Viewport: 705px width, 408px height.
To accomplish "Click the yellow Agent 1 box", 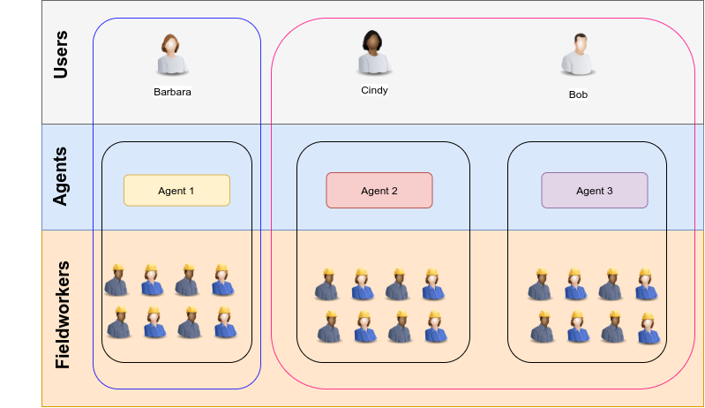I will point(176,190).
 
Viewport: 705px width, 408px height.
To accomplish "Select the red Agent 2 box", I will point(379,190).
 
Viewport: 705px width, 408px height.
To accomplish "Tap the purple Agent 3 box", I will point(594,190).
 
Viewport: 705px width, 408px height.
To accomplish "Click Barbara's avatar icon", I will point(171,55).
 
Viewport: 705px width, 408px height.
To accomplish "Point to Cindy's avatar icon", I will point(374,52).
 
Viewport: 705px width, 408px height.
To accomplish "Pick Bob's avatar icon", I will point(578,55).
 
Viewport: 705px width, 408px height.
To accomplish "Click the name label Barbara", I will point(172,91).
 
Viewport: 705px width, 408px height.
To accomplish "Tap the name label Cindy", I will point(374,89).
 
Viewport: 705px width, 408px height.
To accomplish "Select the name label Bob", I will point(578,94).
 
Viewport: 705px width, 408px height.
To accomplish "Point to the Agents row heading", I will point(61,177).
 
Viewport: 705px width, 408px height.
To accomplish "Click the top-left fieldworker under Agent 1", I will point(116,280).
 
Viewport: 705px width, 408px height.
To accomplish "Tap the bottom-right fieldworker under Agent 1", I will point(223,323).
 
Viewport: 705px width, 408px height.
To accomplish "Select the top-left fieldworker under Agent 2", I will point(326,284).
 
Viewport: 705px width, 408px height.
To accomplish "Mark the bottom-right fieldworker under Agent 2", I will point(433,328).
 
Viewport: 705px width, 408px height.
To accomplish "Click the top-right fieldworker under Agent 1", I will point(223,280).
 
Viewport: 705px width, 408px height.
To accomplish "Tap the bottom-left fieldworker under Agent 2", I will point(328,328).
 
